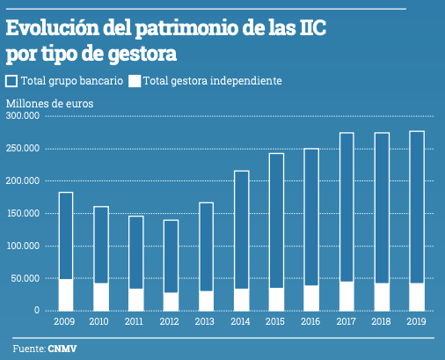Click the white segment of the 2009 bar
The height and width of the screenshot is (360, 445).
pyautogui.click(x=66, y=295)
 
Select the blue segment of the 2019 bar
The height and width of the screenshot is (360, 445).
pyautogui.click(x=417, y=207)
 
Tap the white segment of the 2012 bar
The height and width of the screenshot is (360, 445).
pyautogui.click(x=171, y=301)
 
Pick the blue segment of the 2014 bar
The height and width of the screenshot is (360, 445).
pyautogui.click(x=241, y=229)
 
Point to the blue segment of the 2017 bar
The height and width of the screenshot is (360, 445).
pyautogui.click(x=347, y=207)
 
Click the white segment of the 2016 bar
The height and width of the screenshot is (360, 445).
pyautogui.click(x=311, y=298)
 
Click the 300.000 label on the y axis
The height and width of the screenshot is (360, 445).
pyautogui.click(x=24, y=116)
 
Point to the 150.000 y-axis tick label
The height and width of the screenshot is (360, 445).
pyautogui.click(x=24, y=214)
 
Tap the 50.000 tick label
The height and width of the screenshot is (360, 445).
pyautogui.click(x=26, y=278)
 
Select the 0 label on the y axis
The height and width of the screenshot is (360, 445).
pyautogui.click(x=38, y=311)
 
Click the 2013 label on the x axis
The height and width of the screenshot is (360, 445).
pyautogui.click(x=205, y=323)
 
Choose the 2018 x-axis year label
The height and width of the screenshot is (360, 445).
pyautogui.click(x=381, y=323)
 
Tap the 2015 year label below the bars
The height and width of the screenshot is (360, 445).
pyautogui.click(x=275, y=323)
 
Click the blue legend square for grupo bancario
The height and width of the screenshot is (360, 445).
pyautogui.click(x=11, y=81)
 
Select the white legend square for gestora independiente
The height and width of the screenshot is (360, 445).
pyautogui.click(x=135, y=81)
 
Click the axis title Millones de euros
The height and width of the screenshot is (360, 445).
pyautogui.click(x=49, y=102)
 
